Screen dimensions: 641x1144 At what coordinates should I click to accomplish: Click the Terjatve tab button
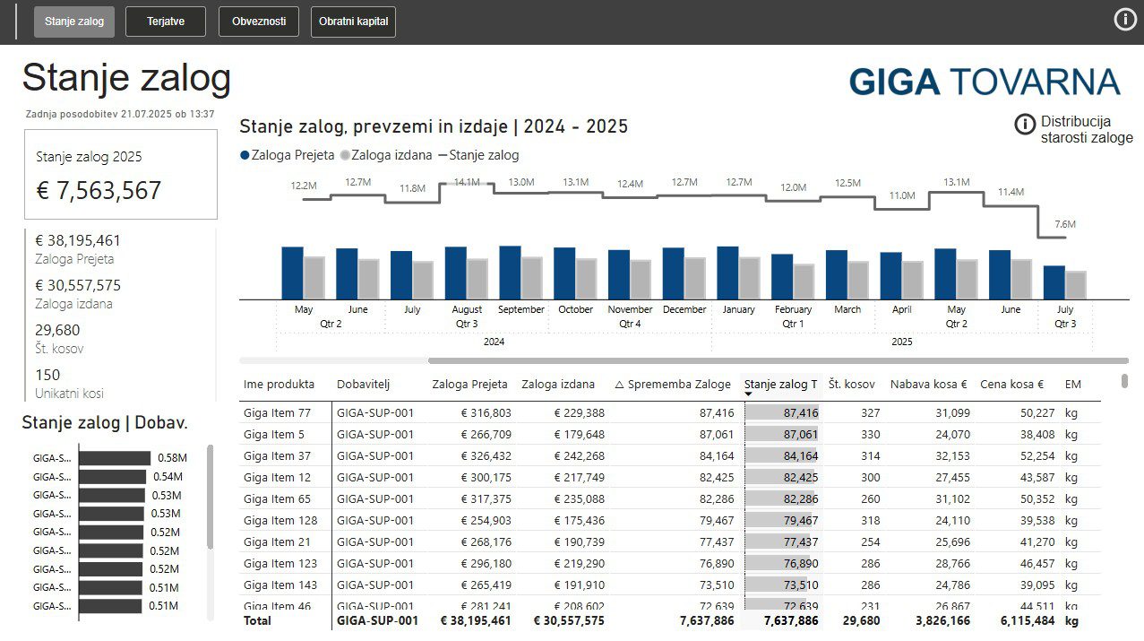click(x=166, y=22)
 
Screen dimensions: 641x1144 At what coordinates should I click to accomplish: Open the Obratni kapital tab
click(x=353, y=22)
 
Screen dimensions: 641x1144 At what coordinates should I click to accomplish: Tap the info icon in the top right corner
click(x=1125, y=20)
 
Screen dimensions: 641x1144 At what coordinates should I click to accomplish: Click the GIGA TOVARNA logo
click(x=984, y=82)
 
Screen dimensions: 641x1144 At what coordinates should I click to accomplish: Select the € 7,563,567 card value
click(x=99, y=190)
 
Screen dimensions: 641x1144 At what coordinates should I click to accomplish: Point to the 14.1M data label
click(x=467, y=182)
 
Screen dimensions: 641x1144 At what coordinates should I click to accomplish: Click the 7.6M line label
click(x=1064, y=224)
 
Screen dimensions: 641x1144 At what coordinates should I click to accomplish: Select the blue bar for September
click(x=510, y=272)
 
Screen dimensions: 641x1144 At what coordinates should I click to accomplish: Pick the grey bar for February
click(x=804, y=281)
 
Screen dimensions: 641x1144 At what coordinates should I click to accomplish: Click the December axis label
click(x=684, y=309)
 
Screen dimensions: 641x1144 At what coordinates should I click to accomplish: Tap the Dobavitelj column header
click(x=364, y=384)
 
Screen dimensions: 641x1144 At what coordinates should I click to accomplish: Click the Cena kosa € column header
click(x=1011, y=384)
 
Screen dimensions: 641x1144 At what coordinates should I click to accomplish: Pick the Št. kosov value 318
click(x=869, y=520)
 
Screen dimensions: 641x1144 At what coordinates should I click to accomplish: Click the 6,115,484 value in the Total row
click(x=1024, y=620)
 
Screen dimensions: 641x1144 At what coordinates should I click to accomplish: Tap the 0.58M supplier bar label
click(x=172, y=458)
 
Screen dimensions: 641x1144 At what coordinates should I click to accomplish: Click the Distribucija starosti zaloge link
click(x=1086, y=129)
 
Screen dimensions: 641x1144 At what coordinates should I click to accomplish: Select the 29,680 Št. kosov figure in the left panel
click(x=57, y=330)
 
